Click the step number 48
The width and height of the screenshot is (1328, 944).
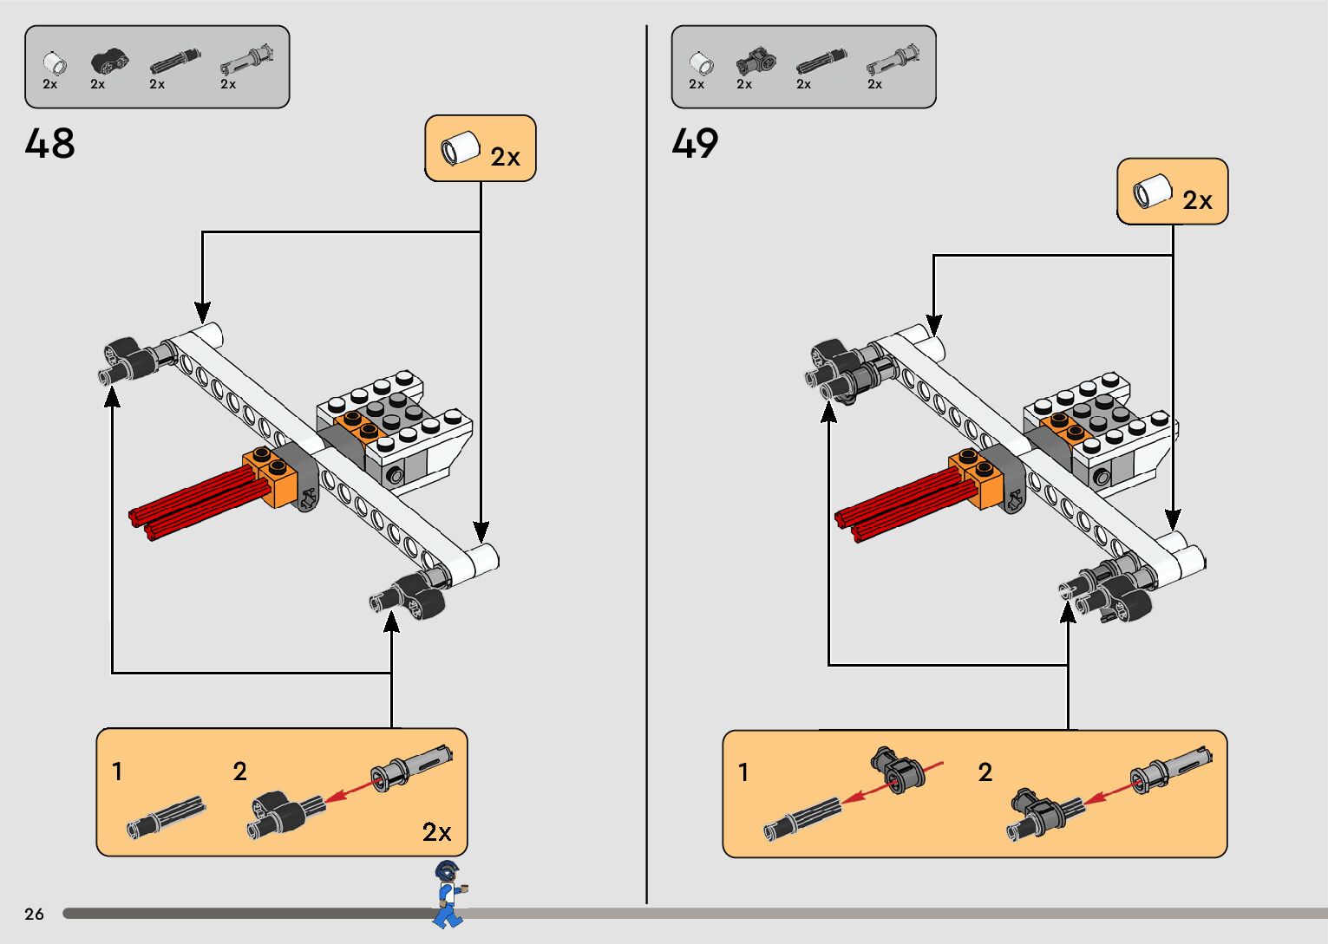[50, 144]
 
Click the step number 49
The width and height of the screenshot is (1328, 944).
[695, 144]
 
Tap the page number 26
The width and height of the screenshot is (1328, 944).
[34, 914]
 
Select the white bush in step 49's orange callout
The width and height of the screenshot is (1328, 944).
[1152, 191]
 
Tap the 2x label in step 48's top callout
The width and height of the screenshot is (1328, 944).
[505, 157]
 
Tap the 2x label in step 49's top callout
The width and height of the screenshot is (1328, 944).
[1197, 200]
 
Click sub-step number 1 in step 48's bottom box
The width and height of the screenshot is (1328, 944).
[117, 771]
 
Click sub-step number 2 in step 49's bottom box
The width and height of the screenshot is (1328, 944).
[985, 771]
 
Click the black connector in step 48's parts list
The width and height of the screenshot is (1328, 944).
[109, 62]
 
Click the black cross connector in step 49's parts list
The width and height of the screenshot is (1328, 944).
[756, 62]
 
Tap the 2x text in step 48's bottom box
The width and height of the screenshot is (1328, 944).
[436, 832]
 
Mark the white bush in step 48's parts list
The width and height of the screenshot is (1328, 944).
[54, 63]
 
